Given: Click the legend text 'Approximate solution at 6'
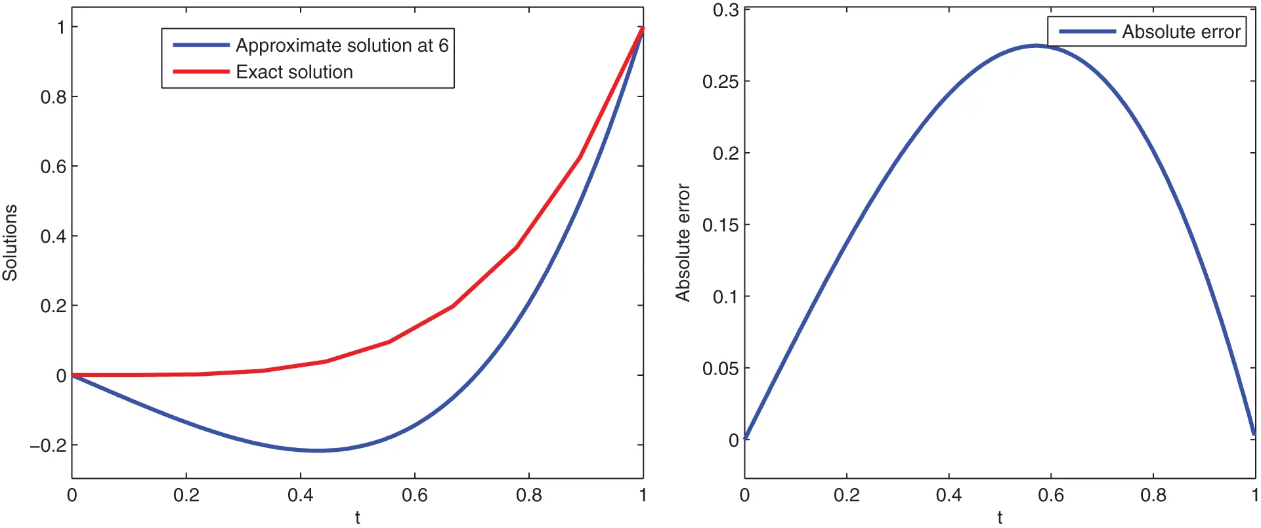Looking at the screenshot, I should [x=342, y=45].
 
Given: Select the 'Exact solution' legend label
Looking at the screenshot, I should [x=294, y=72].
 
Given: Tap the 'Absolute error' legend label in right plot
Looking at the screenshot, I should [x=1181, y=31].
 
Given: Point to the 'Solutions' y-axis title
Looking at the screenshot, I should [x=10, y=243].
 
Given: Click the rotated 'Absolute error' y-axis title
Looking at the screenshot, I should [x=683, y=243].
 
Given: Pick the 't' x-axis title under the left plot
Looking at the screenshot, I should [x=357, y=518].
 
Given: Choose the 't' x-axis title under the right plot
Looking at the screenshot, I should [x=1000, y=518].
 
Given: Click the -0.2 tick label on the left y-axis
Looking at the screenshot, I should [x=48, y=445].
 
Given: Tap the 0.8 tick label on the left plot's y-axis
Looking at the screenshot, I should [x=53, y=97].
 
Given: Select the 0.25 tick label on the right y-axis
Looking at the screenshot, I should [x=720, y=82].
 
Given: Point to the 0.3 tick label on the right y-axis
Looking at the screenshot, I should [x=725, y=10].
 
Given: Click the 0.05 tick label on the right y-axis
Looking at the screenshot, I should [x=720, y=369].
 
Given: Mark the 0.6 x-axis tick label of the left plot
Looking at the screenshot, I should [x=414, y=495].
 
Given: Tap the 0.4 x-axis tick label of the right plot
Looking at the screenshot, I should [x=949, y=495].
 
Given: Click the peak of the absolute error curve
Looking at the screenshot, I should [x=1036, y=45].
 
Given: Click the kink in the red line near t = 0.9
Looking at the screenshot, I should [x=580, y=157].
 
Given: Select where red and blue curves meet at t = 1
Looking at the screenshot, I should [x=643, y=28].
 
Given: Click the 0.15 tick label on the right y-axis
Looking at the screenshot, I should [x=720, y=225].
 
